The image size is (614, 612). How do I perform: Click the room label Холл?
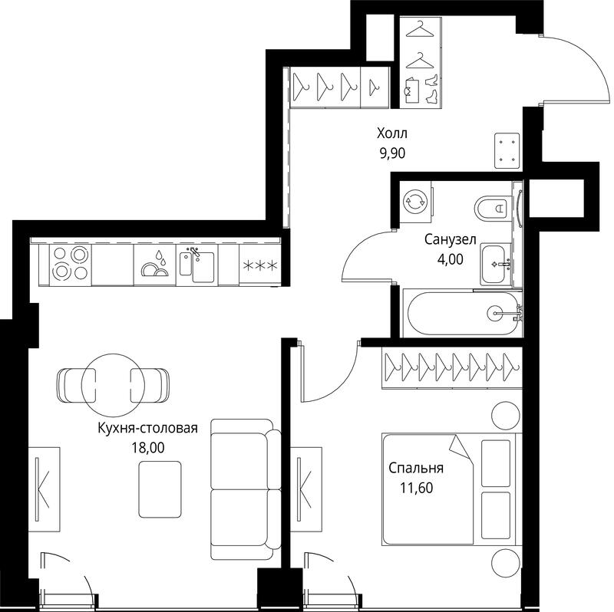pyautogui.click(x=392, y=133)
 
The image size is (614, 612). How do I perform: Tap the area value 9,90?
pyautogui.click(x=392, y=153)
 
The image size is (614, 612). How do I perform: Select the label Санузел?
pyautogui.click(x=451, y=239)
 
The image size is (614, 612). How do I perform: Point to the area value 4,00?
pyautogui.click(x=451, y=259)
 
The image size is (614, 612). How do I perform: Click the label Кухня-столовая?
pyautogui.click(x=147, y=428)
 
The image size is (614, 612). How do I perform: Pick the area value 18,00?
pyautogui.click(x=148, y=448)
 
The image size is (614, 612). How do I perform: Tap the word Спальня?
pyautogui.click(x=416, y=468)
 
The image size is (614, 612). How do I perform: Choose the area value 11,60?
pyautogui.click(x=416, y=488)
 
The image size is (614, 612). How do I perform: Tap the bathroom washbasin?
pyautogui.click(x=496, y=264)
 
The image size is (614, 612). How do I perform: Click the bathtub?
pyautogui.click(x=464, y=314)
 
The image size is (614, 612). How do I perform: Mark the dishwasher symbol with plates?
pyautogui.click(x=155, y=265)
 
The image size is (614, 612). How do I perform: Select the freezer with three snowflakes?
pyautogui.click(x=260, y=265)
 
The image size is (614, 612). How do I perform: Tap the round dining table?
pyautogui.click(x=113, y=385)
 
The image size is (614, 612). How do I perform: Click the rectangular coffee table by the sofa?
pyautogui.click(x=160, y=489)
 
